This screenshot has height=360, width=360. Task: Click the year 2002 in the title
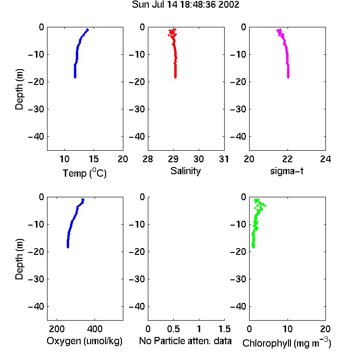228,5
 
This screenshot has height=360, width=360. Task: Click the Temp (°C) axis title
84,173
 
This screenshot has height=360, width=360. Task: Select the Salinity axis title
185,171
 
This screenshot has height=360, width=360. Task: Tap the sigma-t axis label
287,171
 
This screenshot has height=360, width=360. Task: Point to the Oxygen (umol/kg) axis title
84,341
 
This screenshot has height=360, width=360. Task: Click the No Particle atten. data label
185,341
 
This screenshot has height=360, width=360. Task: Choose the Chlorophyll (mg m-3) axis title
287,343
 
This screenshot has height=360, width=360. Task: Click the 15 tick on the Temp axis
94,159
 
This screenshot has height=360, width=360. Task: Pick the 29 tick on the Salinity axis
173,159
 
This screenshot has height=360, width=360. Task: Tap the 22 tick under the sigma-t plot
287,159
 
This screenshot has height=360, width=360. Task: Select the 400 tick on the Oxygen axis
95,329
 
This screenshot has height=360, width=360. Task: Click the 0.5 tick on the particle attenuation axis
173,329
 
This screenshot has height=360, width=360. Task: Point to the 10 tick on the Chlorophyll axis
287,329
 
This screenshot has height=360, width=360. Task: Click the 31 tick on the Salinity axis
224,159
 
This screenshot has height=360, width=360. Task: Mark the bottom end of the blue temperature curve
75,77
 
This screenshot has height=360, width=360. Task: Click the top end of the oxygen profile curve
83,200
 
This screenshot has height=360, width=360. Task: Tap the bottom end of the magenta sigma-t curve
288,77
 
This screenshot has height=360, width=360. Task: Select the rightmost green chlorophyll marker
265,205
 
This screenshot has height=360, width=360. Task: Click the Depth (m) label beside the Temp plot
19,89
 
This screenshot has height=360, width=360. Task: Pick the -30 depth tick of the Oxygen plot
36,279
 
